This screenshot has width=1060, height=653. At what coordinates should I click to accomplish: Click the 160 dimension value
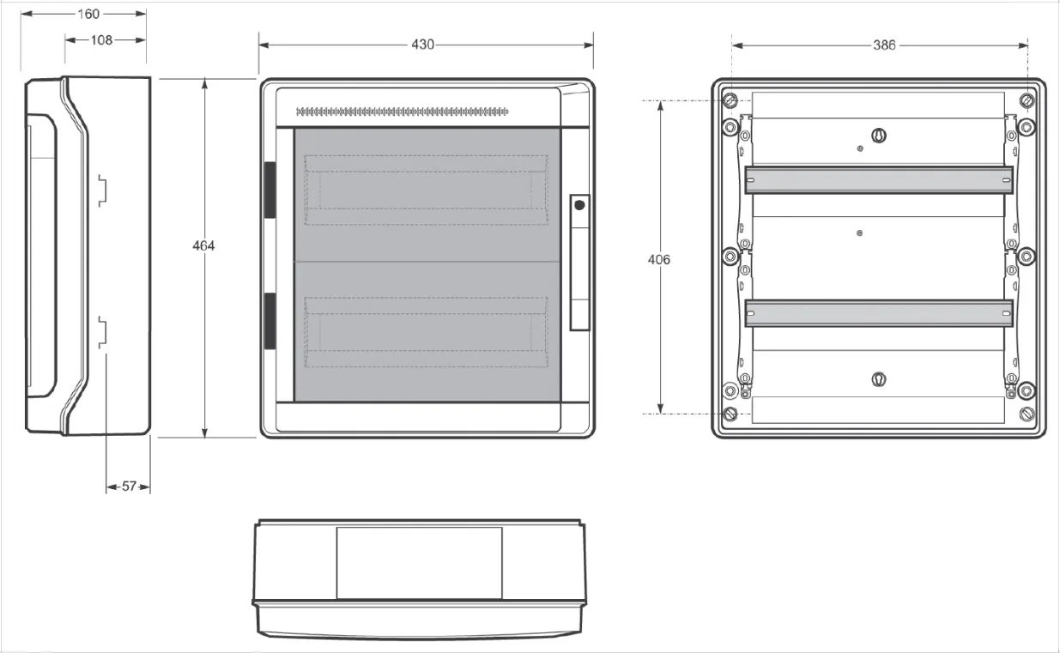point(88,15)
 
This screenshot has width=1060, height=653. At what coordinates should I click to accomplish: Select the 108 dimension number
point(102,40)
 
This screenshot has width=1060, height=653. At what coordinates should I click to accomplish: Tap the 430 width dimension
point(422,45)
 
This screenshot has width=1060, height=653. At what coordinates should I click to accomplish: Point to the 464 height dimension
point(203,245)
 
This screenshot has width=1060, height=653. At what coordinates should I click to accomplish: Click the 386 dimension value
point(884,45)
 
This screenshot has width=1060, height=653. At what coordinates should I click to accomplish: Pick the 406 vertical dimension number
point(659,260)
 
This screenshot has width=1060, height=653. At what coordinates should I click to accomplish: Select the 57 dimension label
point(130,487)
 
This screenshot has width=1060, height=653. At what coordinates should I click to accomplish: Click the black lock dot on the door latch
point(579,205)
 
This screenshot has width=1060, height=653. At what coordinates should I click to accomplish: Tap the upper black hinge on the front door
point(270,190)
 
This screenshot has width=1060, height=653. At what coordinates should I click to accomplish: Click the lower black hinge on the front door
point(270,321)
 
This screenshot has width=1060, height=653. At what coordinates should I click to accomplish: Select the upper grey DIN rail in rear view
point(879,180)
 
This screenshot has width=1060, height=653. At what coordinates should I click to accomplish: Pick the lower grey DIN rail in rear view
point(879,313)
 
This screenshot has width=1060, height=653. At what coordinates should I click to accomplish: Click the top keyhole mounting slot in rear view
point(879,136)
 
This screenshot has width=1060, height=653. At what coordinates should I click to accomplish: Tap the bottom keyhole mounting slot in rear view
point(879,379)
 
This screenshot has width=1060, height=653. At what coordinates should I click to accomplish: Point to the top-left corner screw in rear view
point(730,100)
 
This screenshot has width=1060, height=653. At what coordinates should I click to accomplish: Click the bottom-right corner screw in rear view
point(1027,414)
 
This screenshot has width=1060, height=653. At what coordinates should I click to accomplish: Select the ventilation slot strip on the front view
point(403,112)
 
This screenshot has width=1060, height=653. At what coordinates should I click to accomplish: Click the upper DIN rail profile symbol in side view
point(102,190)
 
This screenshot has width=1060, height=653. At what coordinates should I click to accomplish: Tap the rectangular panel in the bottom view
point(419,563)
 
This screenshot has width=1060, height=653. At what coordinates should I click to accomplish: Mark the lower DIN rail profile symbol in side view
point(102,333)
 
